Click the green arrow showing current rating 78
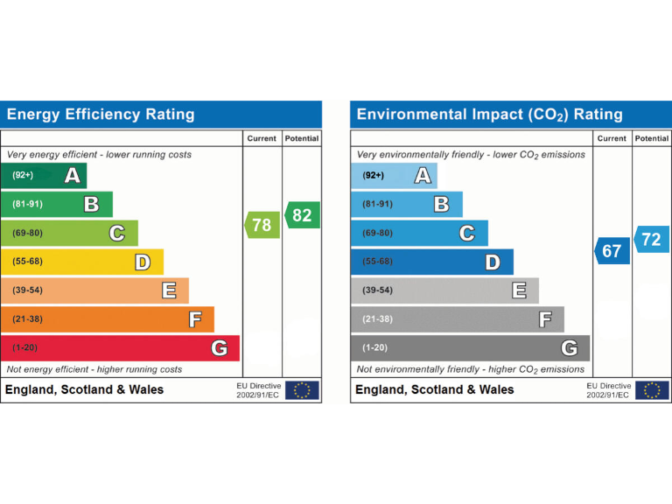262,225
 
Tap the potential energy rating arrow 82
302,215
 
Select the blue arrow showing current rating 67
612,251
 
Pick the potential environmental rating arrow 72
651,239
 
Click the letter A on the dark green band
73,176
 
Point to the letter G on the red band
219,348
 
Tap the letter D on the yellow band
143,262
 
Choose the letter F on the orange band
194,319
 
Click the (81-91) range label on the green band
27,205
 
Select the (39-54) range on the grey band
377,290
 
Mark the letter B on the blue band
441,205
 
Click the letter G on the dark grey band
569,348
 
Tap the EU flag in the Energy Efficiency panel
302,390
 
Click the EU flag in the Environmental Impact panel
652,390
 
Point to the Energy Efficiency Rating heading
101,115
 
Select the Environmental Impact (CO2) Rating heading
489,115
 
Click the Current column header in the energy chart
262,138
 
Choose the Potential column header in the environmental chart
651,138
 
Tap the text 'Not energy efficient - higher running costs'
94,369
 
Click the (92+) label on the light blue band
373,176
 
